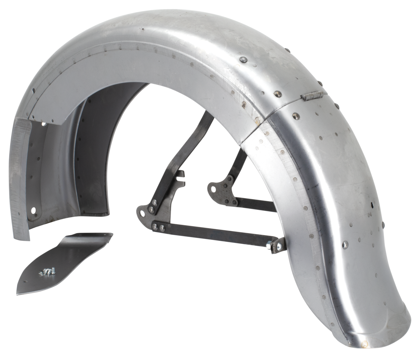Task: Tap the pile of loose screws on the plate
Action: pos(46,271)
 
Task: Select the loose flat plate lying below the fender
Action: pos(64,262)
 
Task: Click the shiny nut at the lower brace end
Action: pos(270,246)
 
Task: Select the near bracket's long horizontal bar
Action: pos(217,234)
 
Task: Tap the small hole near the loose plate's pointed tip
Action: pos(25,282)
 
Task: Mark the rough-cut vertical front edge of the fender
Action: pos(21,180)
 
